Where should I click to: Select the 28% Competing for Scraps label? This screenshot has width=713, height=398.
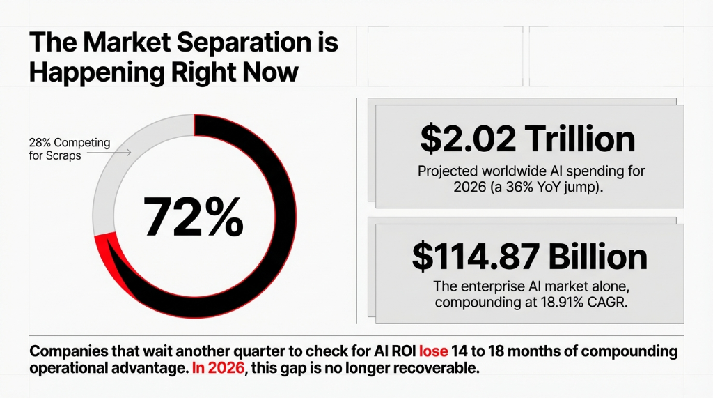pyautogui.click(x=69, y=149)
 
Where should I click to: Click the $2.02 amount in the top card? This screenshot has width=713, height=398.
pyautogui.click(x=467, y=139)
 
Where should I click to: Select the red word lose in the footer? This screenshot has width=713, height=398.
pyautogui.click(x=433, y=351)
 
